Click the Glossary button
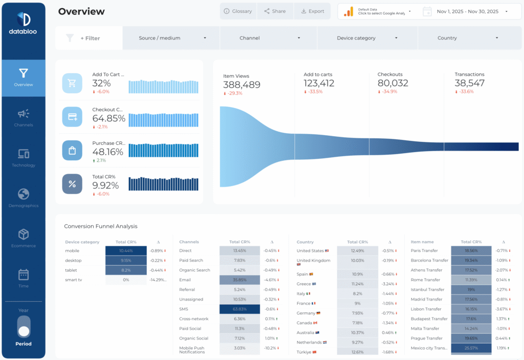tap(238, 11)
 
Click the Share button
tap(275, 11)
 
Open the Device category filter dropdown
tap(367, 38)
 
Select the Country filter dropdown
tap(468, 38)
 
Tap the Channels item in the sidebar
tap(24, 118)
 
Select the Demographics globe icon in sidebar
tap(24, 195)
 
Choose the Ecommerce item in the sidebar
tap(24, 238)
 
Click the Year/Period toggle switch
tap(24, 326)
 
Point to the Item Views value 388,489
tap(242, 85)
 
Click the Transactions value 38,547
tap(469, 83)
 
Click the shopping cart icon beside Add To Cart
tap(72, 83)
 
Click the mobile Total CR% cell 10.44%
tap(125, 251)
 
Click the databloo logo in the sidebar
tap(24, 24)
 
